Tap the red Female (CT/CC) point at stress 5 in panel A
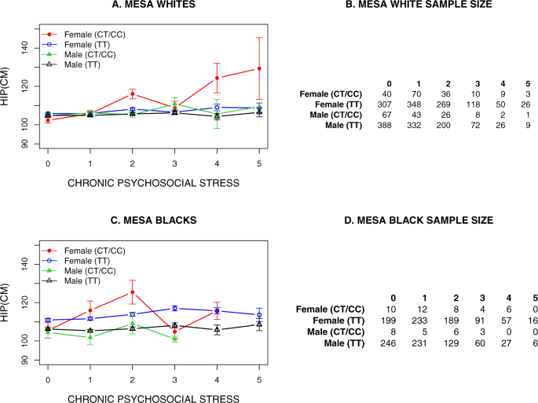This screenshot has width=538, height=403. (258, 68)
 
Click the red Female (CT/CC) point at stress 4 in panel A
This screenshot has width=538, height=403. (216, 78)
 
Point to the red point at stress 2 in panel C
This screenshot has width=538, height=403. (132, 292)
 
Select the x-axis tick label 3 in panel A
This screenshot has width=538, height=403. (174, 163)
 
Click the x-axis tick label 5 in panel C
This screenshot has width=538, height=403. (258, 379)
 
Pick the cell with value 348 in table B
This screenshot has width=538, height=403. (419, 104)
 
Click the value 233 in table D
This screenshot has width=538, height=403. (419, 322)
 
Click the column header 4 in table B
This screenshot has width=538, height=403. (500, 83)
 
